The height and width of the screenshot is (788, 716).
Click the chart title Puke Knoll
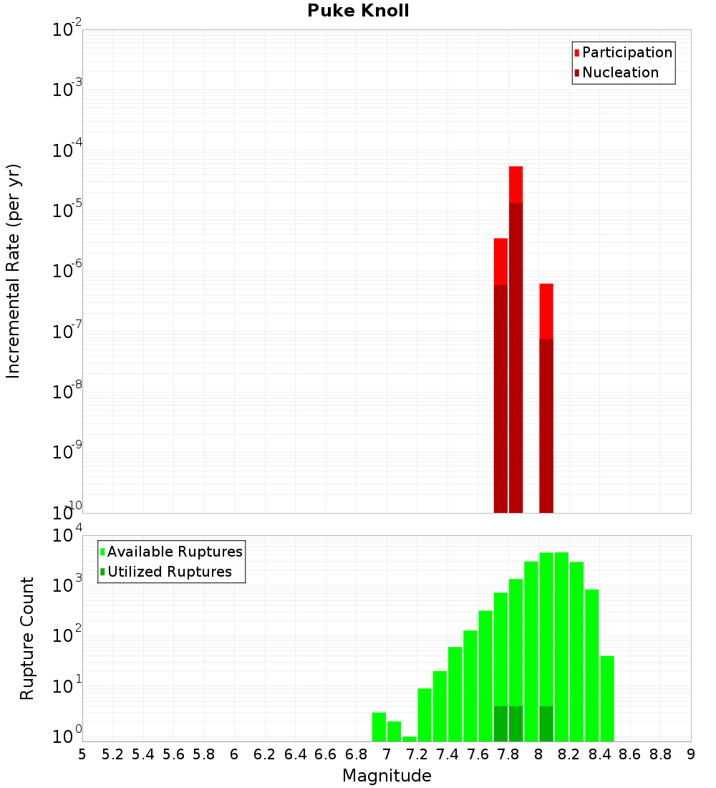coord(358,11)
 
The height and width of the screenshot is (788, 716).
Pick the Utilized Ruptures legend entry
coord(169,572)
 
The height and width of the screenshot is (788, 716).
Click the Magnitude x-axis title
coord(387,776)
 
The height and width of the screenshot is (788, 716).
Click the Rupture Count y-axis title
coord(27,638)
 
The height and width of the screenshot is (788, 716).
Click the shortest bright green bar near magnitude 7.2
coord(410,739)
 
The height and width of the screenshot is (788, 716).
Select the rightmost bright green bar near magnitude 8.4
coord(607,698)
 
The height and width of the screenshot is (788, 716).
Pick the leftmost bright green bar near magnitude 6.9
coord(379,726)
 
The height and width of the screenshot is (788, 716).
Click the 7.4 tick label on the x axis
coord(447,754)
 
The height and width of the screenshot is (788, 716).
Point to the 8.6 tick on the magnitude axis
coord(630,754)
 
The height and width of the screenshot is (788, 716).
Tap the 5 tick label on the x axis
coord(82,754)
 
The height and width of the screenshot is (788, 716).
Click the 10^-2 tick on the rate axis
coord(67,30)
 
